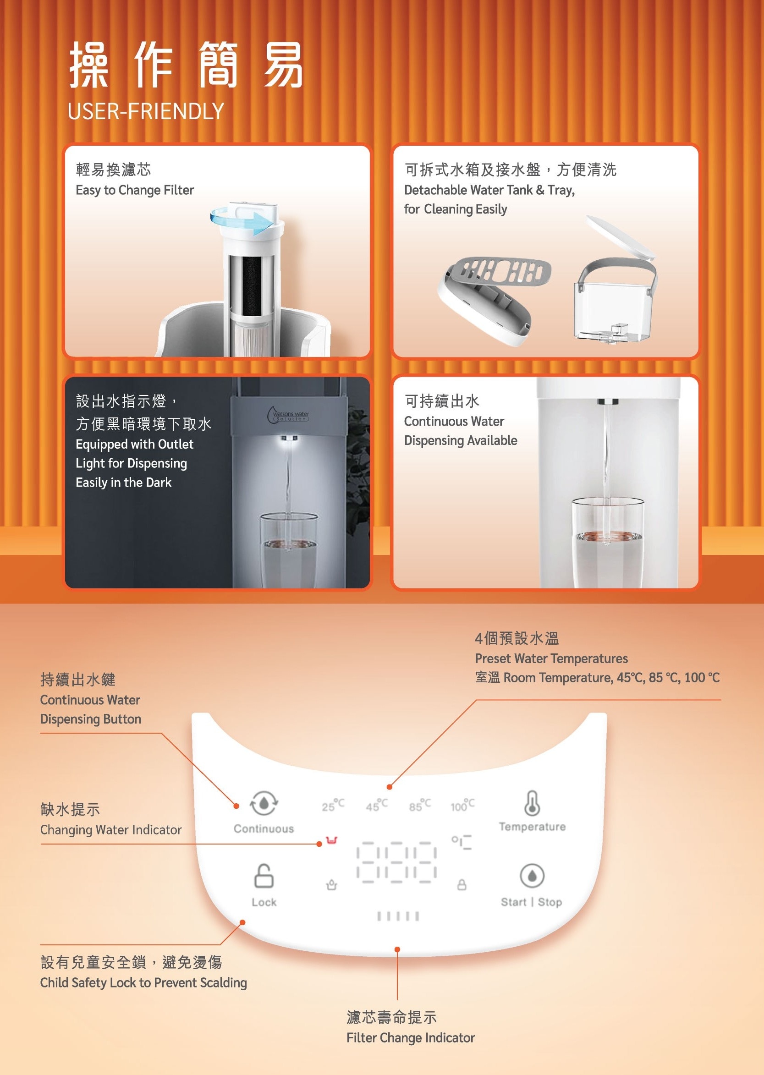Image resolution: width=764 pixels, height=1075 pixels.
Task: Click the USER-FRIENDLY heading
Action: [145, 111]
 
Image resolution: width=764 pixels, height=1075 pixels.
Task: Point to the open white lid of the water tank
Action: [620, 237]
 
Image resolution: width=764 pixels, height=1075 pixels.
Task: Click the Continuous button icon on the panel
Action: [264, 803]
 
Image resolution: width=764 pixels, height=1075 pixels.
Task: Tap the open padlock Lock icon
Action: [264, 876]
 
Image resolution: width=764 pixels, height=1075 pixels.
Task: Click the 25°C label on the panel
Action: [333, 805]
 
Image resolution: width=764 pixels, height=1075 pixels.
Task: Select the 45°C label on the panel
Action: [377, 805]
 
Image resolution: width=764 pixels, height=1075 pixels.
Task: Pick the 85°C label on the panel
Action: [420, 805]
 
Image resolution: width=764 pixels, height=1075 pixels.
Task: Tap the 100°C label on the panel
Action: [462, 805]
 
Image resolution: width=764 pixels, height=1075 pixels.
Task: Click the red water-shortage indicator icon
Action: [332, 840]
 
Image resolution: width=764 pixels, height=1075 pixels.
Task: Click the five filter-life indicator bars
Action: [398, 916]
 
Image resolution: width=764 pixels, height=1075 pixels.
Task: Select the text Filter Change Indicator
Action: [410, 1038]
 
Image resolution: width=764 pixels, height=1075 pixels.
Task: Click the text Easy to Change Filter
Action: [135, 190]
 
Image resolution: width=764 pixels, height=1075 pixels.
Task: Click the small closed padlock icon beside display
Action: [462, 884]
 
